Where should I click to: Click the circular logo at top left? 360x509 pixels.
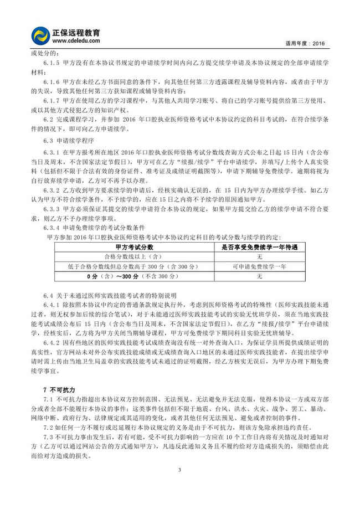pos(41,35)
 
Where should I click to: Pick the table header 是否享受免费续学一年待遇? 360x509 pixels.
pos(259,248)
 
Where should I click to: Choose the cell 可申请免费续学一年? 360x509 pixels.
pos(259,267)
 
